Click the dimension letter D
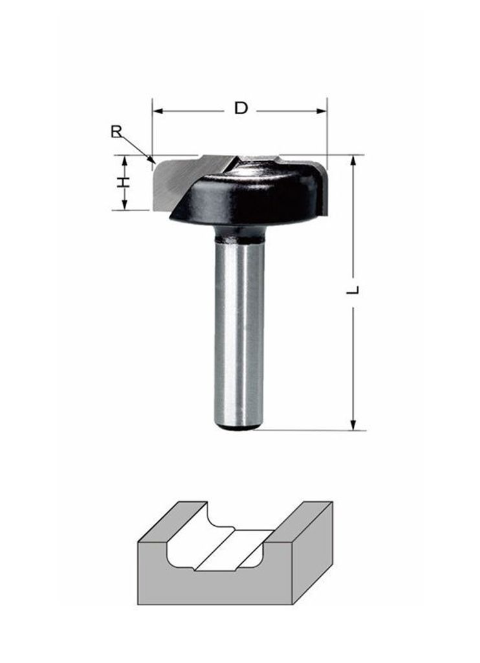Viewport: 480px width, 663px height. coord(241,108)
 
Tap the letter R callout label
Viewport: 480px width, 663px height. coord(116,131)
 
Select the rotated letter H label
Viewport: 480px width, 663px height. coord(123,182)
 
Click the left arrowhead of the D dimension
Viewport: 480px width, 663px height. coord(157,111)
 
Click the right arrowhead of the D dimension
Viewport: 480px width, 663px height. coord(322,111)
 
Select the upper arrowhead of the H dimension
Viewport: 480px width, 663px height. coord(124,161)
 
